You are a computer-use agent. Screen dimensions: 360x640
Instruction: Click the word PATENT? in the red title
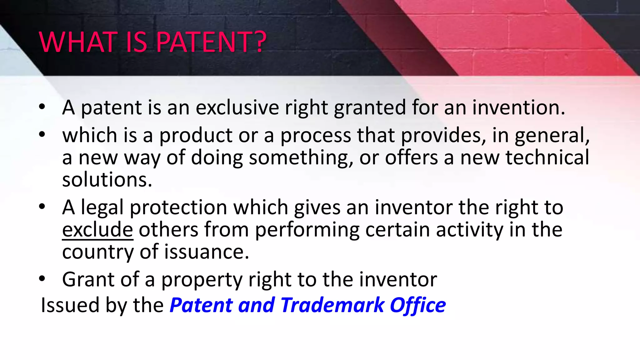pos(211,42)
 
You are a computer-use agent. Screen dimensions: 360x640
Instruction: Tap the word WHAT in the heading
pos(77,42)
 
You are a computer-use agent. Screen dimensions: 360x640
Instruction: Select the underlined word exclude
pos(97,230)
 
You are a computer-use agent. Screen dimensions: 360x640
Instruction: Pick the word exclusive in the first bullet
pos(237,108)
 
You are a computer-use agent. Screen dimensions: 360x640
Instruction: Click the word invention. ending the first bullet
pos(518,108)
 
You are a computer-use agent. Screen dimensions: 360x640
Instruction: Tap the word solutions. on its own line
pos(107,180)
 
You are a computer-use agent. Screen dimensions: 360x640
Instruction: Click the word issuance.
pos(207,252)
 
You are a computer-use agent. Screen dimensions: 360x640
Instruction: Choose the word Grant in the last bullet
pos(88,279)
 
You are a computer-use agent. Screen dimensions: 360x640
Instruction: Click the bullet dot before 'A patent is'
pos(42,107)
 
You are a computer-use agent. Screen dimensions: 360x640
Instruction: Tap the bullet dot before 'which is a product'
pos(42,135)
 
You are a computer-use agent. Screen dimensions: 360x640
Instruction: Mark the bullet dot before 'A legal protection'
pos(42,207)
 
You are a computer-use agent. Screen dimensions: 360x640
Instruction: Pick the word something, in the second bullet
pos(301,158)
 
